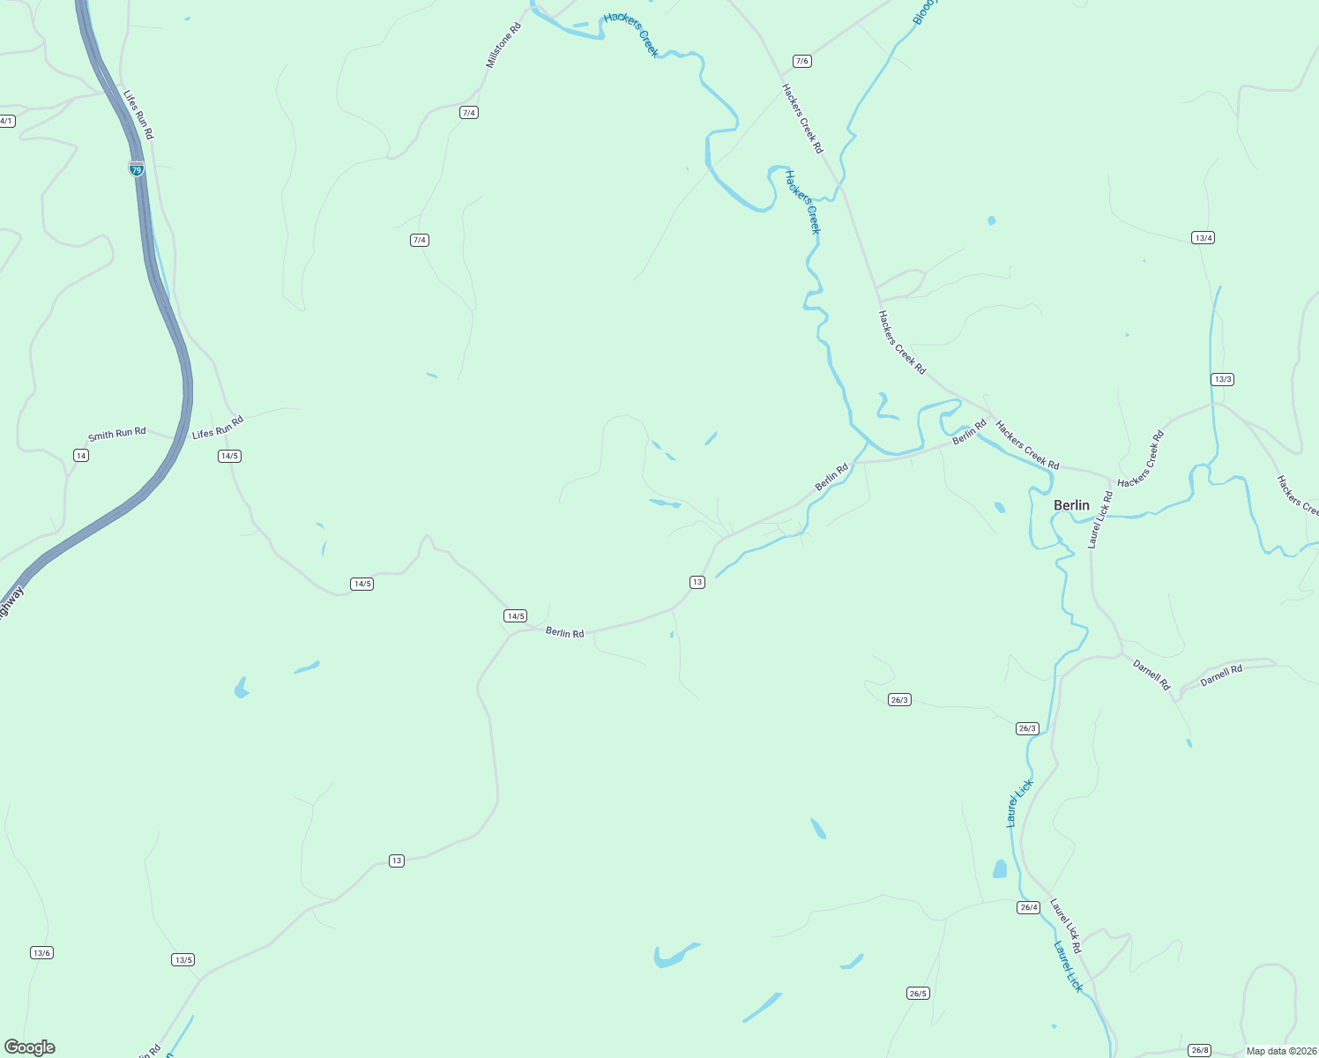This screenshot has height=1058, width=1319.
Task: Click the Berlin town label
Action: (1071, 505)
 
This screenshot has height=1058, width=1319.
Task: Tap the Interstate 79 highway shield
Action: (137, 168)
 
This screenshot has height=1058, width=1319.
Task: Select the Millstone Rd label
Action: (503, 46)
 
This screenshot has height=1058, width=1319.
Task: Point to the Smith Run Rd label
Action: (116, 434)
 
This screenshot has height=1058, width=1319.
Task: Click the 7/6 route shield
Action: (801, 61)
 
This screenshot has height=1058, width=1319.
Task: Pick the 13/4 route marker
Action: (1203, 238)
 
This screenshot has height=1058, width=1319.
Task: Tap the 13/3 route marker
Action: (1222, 379)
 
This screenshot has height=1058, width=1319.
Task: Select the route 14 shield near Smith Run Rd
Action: (81, 455)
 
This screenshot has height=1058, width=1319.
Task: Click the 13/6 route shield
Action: (41, 952)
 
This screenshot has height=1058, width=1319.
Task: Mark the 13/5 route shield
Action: (183, 959)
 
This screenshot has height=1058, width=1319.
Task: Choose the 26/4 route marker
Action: (1028, 907)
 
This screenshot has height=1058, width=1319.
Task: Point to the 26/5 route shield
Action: (918, 993)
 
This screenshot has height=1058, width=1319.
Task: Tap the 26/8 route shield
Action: (1199, 1049)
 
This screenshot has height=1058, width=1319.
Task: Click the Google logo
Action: (30, 1047)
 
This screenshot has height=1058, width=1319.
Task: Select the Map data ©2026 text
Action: (1279, 1051)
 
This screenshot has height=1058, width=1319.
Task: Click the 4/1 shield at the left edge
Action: (6, 121)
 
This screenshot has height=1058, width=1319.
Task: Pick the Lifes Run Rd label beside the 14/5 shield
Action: (217, 428)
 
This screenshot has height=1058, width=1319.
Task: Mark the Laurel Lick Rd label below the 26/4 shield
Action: (1065, 926)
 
